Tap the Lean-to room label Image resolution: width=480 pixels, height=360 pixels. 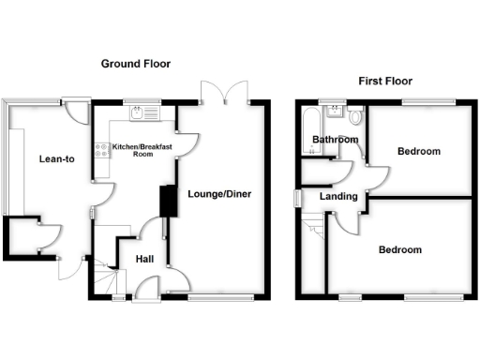(x=57, y=159)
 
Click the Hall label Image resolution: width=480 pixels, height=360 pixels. (x=144, y=259)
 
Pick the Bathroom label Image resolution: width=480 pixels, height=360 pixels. (x=336, y=141)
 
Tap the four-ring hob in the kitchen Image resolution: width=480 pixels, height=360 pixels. (x=100, y=150)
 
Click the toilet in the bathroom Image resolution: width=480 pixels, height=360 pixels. (x=354, y=118)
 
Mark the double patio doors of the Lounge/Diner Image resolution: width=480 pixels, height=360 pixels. (x=223, y=94)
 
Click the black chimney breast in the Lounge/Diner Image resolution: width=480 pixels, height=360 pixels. (x=169, y=202)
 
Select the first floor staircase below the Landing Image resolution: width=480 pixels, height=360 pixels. (x=315, y=225)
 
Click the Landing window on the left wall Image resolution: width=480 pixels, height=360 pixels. (x=297, y=199)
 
